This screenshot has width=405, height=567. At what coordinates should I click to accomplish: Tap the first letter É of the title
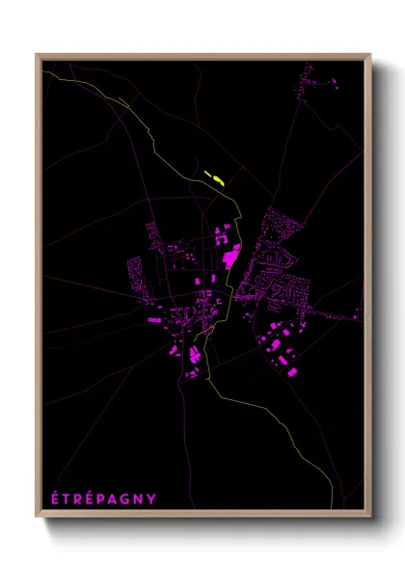click(x=54, y=498)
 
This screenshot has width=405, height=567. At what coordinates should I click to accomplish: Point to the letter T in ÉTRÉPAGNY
click(x=66, y=498)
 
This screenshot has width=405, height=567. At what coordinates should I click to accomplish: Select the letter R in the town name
click(x=77, y=498)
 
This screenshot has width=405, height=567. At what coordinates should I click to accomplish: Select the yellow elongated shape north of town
click(x=215, y=177)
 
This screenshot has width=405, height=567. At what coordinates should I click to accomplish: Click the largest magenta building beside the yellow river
click(x=231, y=255)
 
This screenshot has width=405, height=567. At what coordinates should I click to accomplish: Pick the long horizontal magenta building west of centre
click(x=153, y=316)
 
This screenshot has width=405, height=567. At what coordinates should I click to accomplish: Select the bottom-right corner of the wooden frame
click(x=369, y=517)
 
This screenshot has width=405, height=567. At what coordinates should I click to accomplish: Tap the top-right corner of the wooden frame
click(x=369, y=55)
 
